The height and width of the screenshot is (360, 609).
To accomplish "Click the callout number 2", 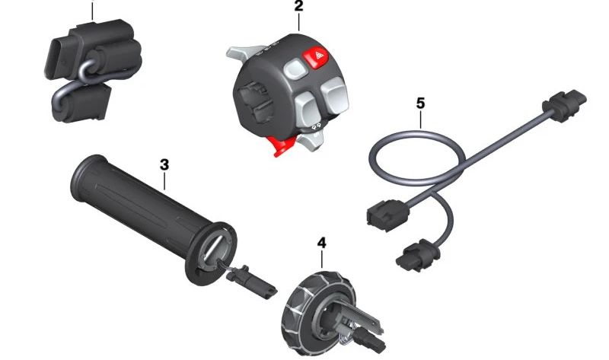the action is click(298, 6).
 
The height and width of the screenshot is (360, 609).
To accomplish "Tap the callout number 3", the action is click(164, 164).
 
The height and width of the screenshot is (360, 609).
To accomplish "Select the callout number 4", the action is click(321, 243).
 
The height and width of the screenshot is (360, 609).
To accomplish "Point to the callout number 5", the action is click(420, 104).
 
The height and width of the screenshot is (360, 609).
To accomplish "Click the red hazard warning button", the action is click(315, 59).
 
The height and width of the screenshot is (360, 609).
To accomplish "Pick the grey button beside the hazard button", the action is click(295, 69).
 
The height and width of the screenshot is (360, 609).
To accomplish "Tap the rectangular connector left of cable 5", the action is click(387, 215).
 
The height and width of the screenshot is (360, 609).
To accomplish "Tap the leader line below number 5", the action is click(421, 119).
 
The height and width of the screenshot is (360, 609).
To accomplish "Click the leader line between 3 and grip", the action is click(164, 181).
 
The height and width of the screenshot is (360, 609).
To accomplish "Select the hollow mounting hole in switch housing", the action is click(255, 103).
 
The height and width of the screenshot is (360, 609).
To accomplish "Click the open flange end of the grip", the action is click(211, 253).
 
